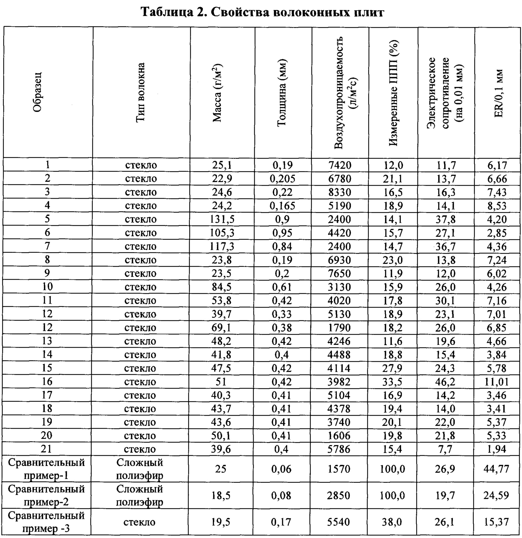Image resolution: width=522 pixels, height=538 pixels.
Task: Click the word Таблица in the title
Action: coord(166,12)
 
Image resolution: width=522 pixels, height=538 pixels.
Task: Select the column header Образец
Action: coord(37,92)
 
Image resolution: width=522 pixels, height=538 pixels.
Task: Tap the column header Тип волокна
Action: coord(141,92)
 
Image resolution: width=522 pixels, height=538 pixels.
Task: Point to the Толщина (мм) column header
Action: coord(282,93)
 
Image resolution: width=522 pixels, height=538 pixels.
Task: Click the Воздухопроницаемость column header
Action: coord(341,93)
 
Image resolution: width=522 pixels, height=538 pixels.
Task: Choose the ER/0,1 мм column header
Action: coord(498,93)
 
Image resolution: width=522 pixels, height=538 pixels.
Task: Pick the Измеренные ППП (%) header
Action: coord(393,93)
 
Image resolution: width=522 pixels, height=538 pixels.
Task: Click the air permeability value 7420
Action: coord(340,165)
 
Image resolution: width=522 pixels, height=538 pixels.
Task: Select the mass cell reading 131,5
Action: coord(222,219)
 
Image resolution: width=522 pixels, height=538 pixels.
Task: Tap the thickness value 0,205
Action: coord(282,179)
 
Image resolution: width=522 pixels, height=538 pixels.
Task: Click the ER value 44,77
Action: coord(496,469)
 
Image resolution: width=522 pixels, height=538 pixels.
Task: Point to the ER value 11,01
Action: coord(496,382)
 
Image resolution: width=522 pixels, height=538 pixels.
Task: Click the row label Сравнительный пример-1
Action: coord(46,469)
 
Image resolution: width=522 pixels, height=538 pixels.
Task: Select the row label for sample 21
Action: coord(46,449)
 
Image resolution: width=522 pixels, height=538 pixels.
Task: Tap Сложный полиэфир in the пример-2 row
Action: coord(140,495)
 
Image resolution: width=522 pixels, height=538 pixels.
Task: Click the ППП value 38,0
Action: coord(392,522)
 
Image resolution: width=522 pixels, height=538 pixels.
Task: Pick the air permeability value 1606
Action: coord(339,436)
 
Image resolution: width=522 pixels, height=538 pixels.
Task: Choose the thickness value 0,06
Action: coord(281,469)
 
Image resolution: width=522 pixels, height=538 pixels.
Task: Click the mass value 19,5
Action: coord(221,522)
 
